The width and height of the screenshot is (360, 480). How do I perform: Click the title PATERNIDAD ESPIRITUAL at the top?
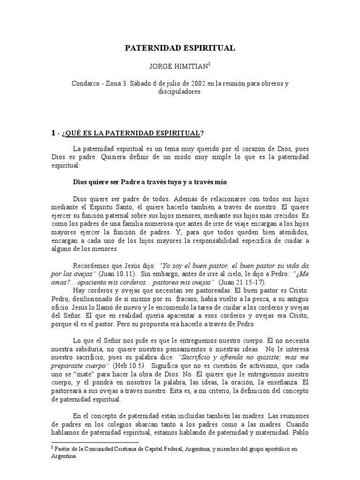click(x=180, y=48)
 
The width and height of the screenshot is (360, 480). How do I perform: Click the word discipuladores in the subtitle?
click(x=180, y=91)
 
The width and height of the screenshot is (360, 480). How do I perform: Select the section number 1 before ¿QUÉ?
click(x=53, y=134)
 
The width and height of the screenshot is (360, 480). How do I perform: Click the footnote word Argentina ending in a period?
click(x=65, y=456)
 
